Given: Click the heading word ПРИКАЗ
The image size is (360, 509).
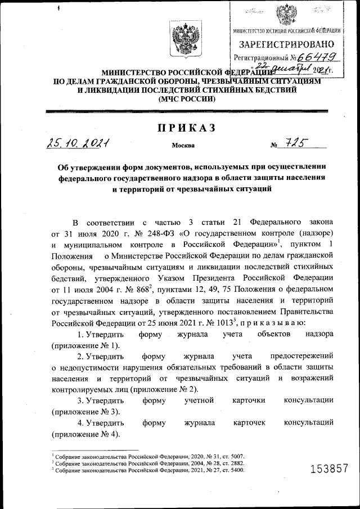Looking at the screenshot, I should [x=186, y=129].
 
